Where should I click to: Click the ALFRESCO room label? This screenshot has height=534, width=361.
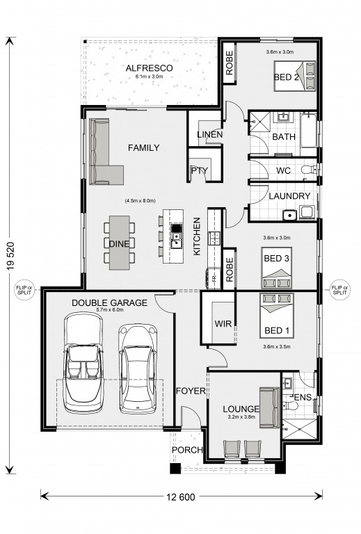point(149,68)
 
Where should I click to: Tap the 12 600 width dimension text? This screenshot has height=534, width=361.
point(181,497)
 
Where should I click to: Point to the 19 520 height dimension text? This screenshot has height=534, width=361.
point(10,256)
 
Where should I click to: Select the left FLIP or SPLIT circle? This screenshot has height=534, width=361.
point(24,290)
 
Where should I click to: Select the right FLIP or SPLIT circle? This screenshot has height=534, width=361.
point(339,290)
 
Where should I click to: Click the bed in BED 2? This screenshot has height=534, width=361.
point(295,76)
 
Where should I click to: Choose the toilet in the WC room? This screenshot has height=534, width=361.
point(310,169)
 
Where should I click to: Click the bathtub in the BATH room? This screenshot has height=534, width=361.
point(309,131)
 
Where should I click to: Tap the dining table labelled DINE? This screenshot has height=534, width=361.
point(119,243)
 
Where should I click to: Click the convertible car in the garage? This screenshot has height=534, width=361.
point(83,362)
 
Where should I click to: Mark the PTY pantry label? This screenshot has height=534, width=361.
point(199,170)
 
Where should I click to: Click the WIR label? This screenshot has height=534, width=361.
point(223,323)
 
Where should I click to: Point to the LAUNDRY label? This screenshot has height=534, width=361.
point(289,196)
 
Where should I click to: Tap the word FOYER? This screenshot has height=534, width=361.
point(191,391)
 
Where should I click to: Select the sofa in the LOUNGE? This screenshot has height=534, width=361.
point(270,407)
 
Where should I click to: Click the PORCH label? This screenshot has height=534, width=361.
point(187,451)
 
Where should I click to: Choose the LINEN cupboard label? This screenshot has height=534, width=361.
point(210,134)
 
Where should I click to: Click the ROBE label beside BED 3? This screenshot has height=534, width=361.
point(230,269)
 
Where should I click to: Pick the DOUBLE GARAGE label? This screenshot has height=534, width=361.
point(109,302)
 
